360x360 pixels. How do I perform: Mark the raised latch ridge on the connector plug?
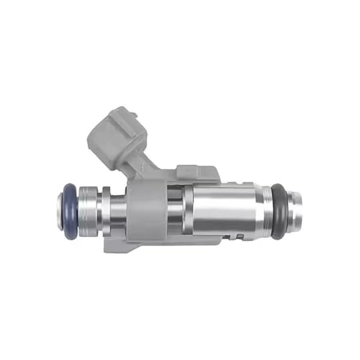(x=126, y=115)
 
